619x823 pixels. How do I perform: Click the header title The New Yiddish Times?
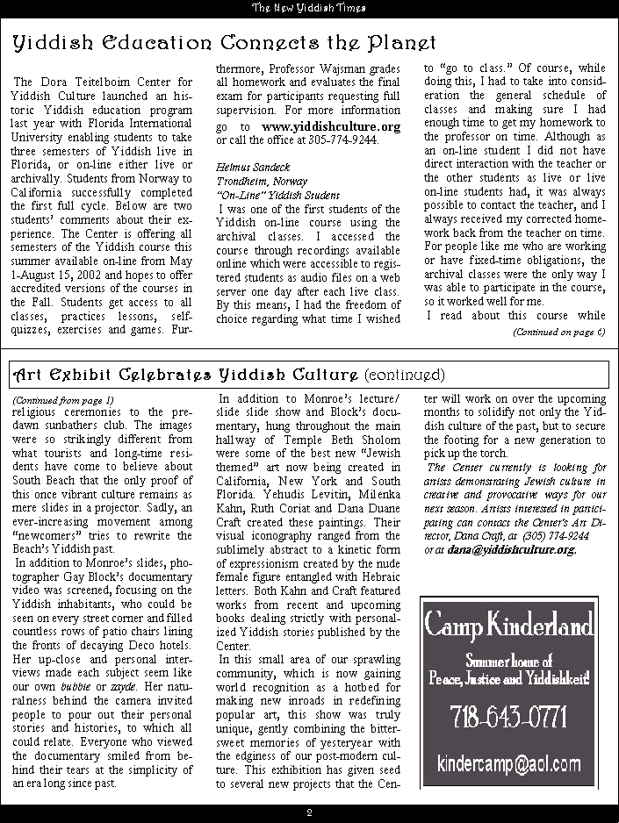tap(309, 8)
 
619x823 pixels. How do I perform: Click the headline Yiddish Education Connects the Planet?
tap(224, 42)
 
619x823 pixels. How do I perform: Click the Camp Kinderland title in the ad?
tap(508, 626)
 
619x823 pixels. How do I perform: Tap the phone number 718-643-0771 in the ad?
tap(508, 717)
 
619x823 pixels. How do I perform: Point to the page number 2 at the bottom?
tap(309, 812)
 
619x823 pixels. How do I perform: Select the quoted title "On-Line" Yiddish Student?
tap(265, 194)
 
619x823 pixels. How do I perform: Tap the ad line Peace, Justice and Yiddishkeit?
tap(508, 677)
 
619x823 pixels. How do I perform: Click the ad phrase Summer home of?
tap(508, 661)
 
